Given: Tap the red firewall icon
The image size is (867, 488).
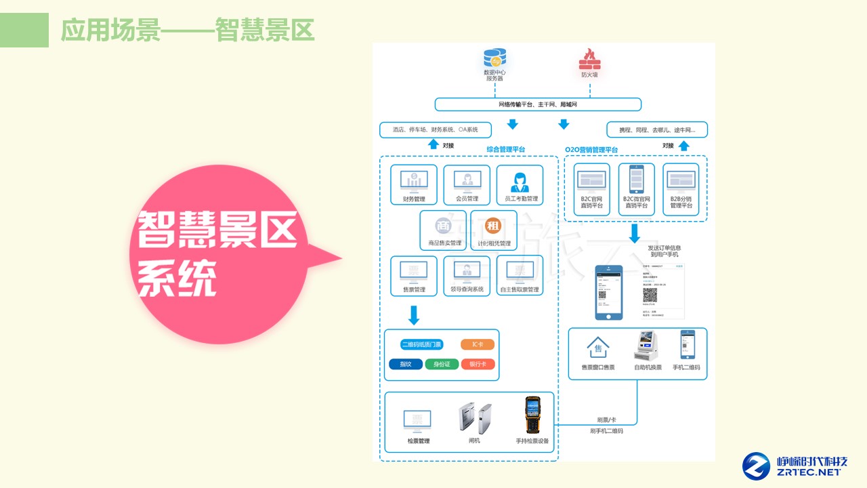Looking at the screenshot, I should pos(589,60).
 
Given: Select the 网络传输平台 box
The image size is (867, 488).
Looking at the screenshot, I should pos(538,104).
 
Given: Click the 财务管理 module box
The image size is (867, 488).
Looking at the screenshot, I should pos(414,184).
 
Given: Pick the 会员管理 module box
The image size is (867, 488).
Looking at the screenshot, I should pos(467,184).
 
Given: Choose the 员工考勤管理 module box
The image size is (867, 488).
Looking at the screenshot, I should pos(520,184).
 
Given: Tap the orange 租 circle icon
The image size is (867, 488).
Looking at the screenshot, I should pos(494,226).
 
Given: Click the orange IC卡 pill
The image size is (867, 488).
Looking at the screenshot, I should pos(478,344).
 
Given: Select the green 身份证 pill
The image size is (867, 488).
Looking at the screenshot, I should pos(442,364).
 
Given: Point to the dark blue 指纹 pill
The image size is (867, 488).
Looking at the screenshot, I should pos(406,364).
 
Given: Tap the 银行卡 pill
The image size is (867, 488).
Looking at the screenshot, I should pos(478,364).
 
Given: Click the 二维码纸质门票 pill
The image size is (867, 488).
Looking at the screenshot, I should pos(421,344).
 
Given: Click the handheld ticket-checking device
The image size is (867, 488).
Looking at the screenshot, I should pos(532,415).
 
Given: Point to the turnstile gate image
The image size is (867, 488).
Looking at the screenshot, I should pos(475,418).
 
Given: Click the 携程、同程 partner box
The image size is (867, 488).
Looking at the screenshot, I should pos(657,129).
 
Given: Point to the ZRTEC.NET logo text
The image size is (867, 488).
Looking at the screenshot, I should pos(809,472).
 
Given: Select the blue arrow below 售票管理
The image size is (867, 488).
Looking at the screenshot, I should pos(414,315).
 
